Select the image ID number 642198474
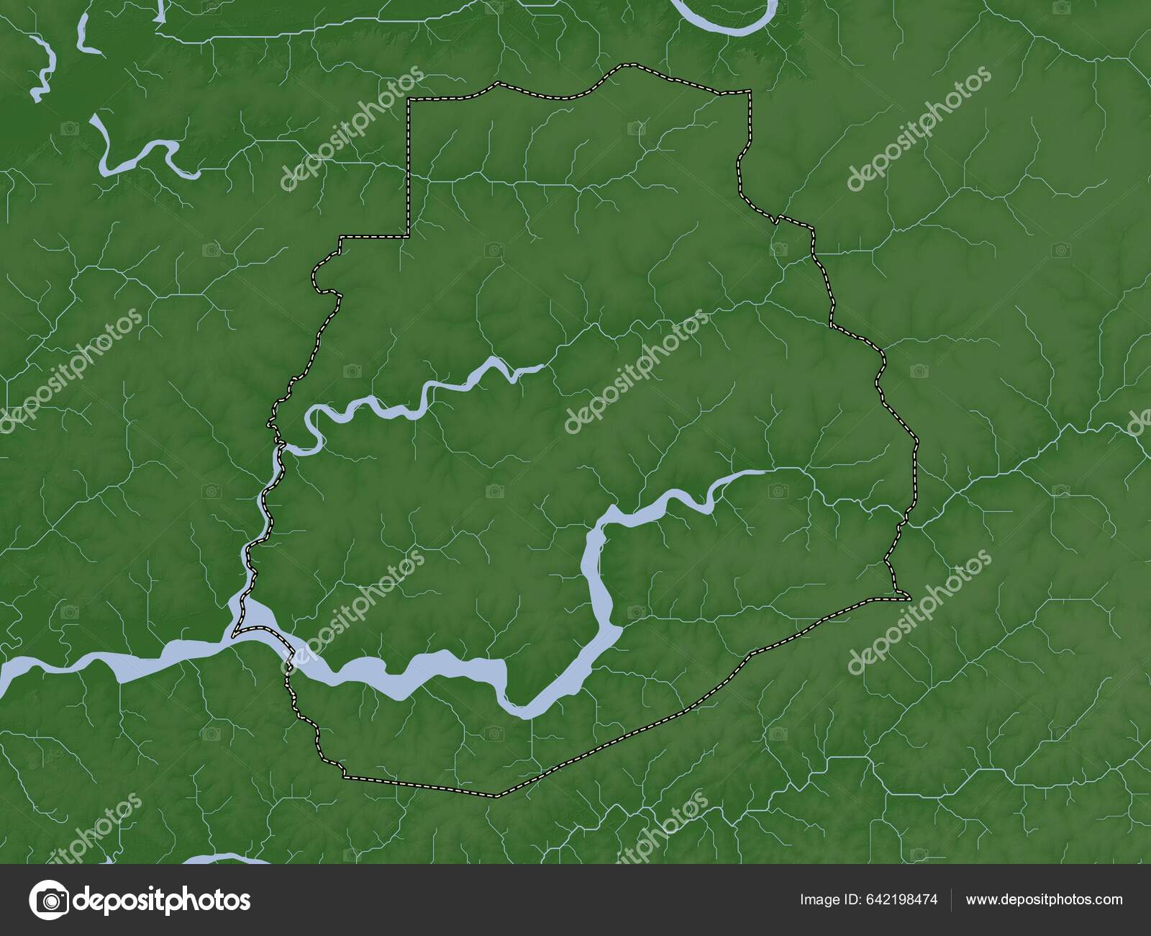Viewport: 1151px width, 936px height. pos(904,899)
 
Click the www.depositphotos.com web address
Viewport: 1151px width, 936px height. pos(1044,899)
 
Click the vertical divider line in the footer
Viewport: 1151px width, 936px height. pos(952,899)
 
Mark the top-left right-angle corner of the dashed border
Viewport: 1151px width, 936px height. pos(409,99)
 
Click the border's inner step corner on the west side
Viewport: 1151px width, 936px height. pos(409,235)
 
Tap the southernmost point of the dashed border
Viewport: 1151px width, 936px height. pos(495,796)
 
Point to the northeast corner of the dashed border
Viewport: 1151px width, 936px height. pos(750,91)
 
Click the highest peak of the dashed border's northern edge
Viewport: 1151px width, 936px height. pos(622,66)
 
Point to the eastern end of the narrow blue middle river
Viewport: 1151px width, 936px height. pos(540,367)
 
